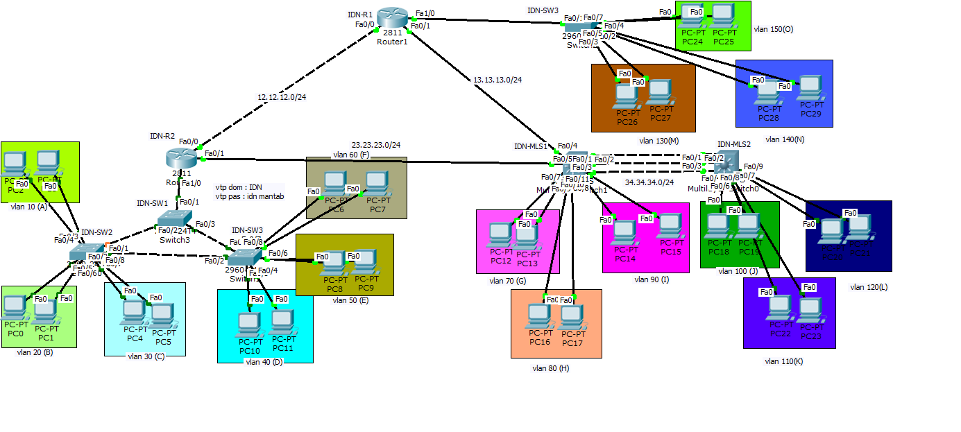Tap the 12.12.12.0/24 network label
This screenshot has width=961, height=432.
(x=282, y=97)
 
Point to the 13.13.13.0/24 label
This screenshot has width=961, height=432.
(x=497, y=80)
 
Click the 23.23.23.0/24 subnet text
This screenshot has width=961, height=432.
(x=375, y=145)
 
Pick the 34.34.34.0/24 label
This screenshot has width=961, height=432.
(x=649, y=182)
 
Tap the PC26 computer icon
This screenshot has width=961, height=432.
(x=627, y=96)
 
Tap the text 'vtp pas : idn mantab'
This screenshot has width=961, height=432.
(x=250, y=196)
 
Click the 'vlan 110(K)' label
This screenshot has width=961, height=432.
(x=784, y=361)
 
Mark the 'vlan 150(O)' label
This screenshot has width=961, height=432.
(x=773, y=30)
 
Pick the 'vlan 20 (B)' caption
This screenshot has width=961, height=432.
(x=35, y=352)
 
